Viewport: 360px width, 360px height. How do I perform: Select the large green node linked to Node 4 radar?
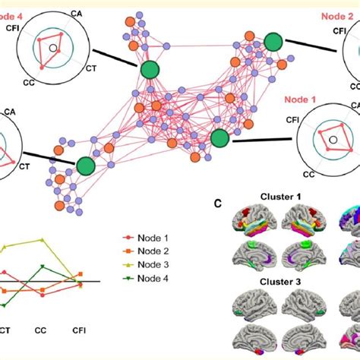click(x=150, y=69)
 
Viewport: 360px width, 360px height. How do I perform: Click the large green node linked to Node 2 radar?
click(x=273, y=43)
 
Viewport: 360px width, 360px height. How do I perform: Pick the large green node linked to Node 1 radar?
click(x=219, y=137)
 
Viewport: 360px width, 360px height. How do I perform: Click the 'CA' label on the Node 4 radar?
click(x=77, y=13)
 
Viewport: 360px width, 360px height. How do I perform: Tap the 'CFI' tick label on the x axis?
click(x=79, y=331)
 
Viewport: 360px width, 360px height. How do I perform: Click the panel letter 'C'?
click(x=218, y=204)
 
